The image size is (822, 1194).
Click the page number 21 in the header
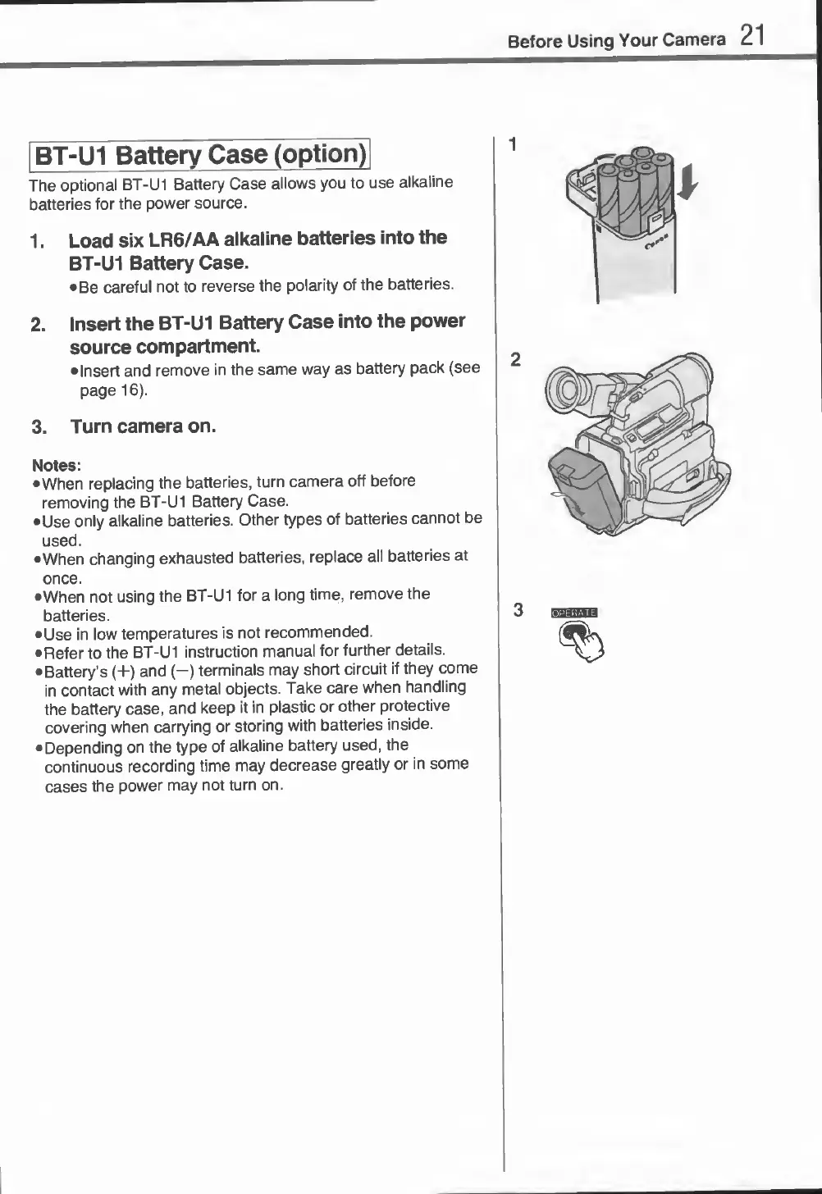[751, 35]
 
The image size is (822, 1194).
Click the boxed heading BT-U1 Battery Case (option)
[200, 154]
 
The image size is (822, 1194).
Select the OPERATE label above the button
[575, 613]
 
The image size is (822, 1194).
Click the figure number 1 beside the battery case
[513, 145]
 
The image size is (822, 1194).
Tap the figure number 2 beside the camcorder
[515, 359]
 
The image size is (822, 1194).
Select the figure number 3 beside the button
[518, 610]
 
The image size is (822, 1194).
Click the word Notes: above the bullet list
[56, 465]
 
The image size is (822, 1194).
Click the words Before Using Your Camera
[616, 40]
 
